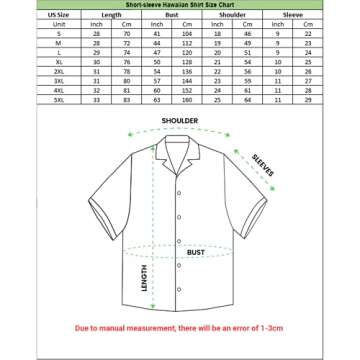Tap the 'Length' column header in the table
[x=111, y=16]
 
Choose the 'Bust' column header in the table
[x=172, y=16]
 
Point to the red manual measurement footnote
[x=179, y=328]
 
